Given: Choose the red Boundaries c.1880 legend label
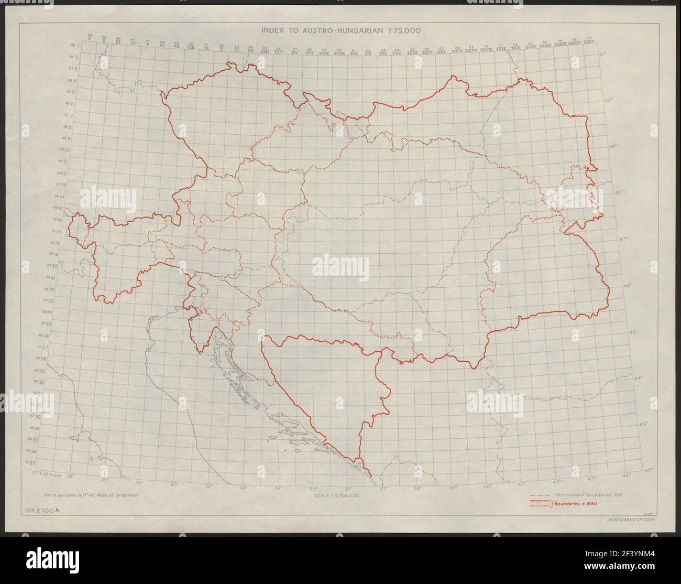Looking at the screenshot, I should coord(576,504).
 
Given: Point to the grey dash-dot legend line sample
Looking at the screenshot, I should coord(540,495).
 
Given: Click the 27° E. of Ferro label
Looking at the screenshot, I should coord(47,474).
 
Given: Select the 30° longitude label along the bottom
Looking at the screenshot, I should coord(139,483).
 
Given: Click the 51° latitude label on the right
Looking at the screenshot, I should coord(603,54).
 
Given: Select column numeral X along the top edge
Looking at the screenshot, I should coord(222,48).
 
